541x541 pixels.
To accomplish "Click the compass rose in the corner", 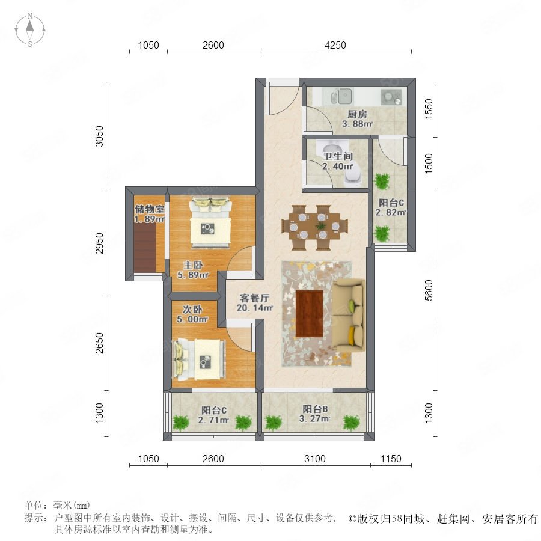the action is coord(30,30).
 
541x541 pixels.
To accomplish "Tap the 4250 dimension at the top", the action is coord(335,45).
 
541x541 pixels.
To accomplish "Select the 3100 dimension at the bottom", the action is coord(314,459).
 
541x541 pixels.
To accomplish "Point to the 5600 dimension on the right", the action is coord(428,290).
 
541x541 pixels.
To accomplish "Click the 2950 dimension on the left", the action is coord(99,243).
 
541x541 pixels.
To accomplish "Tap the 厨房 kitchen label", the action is coord(357,114).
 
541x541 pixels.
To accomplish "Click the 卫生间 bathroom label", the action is coord(338,156).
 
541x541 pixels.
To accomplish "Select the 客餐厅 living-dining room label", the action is coord(255,298).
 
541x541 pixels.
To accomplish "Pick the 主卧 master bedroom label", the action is coord(192,265).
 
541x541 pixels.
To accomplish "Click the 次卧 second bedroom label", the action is coord(192,309).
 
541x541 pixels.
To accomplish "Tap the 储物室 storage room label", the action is coord(150,209).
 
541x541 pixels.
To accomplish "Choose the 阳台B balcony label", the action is coord(316,409).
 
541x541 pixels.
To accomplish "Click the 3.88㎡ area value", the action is coord(357,124).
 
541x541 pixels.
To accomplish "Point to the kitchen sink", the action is coord(341,96).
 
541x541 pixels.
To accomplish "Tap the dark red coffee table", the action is coord(309,313).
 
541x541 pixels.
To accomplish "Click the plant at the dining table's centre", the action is coord(321,227).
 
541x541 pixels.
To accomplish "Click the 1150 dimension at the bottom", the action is coord(391,459).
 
